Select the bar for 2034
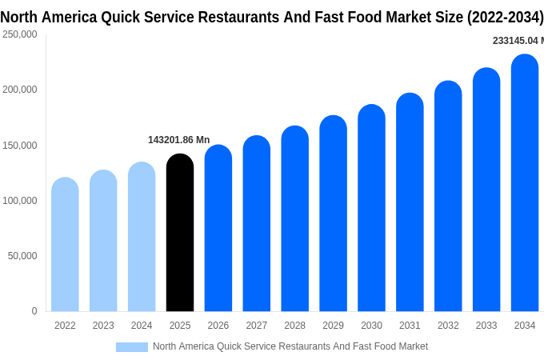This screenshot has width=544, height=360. [525, 183]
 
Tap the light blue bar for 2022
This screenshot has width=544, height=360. [65, 245]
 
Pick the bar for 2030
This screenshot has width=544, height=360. [371, 208]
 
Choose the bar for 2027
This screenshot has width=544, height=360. [257, 224]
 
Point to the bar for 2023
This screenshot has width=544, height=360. [103, 241]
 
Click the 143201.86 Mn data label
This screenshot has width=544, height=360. [178, 140]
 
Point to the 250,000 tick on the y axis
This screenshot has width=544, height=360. [20, 34]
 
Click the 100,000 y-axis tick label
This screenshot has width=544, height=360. [20, 201]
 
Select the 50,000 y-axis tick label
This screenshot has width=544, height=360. [22, 256]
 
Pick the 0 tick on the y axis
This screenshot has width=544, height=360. [34, 311]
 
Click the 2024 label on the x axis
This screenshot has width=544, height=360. [142, 326]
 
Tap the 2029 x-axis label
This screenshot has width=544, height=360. [333, 326]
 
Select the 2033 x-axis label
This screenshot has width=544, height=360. [486, 326]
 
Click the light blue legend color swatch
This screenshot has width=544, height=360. [132, 346]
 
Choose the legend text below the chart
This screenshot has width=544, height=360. [290, 346]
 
